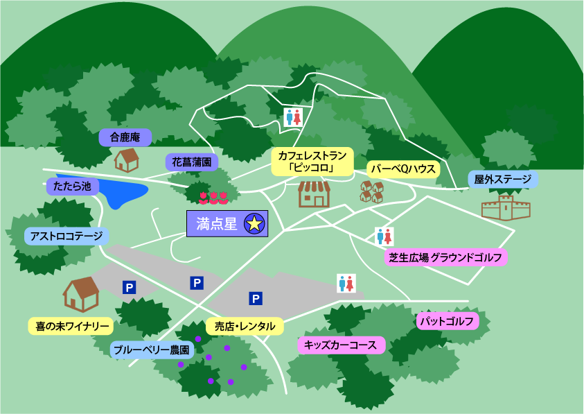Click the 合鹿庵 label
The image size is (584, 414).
coord(125,137)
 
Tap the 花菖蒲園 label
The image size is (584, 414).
coord(192,163)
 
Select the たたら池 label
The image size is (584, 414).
coord(73,187)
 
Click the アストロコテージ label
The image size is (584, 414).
coord(67,236)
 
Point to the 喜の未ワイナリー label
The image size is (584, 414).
coord(72,325)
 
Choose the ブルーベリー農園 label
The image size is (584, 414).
coord(151,350)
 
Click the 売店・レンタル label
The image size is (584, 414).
coord(245,326)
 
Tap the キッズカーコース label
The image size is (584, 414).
coord(340,345)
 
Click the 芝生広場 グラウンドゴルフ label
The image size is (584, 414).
coord(445,258)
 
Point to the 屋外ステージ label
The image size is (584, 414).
coord(503,180)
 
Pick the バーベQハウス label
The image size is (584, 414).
coord(402,169)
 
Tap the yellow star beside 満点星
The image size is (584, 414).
coord(254,223)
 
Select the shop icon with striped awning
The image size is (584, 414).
coord(314,194)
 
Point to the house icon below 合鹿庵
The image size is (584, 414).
coord(127,159)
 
